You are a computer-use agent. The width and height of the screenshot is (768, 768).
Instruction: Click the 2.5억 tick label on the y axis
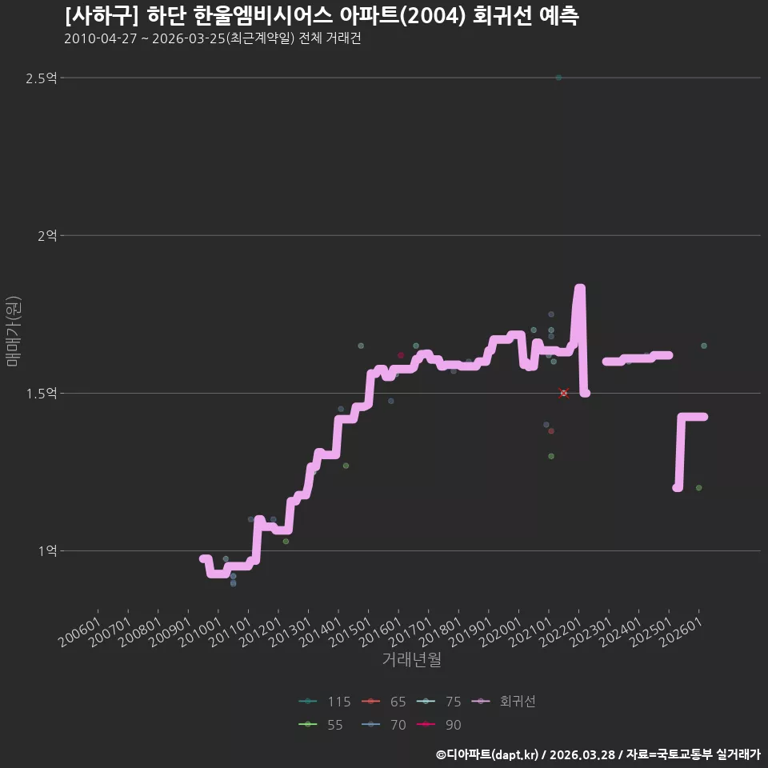click(41, 78)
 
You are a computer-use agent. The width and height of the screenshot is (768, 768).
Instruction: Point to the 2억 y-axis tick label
click(47, 236)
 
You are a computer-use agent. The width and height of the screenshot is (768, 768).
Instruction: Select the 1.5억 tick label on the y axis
click(41, 394)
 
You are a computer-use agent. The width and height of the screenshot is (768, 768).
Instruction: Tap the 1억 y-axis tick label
click(47, 551)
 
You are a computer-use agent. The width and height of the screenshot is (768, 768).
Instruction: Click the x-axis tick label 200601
click(80, 631)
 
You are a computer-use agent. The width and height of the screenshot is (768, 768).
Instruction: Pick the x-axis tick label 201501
click(350, 631)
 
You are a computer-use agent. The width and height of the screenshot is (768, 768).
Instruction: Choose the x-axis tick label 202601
click(682, 631)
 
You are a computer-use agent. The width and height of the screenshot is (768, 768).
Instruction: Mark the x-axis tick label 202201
click(561, 631)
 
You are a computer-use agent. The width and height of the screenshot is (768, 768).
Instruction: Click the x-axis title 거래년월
click(411, 659)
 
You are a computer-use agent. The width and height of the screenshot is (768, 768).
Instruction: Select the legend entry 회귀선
click(503, 702)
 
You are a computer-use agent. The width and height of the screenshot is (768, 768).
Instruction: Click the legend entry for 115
click(325, 702)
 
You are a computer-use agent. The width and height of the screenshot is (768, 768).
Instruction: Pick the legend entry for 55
click(321, 725)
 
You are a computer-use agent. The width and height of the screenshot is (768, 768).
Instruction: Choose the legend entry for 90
click(439, 725)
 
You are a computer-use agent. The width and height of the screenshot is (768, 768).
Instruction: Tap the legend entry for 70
click(384, 725)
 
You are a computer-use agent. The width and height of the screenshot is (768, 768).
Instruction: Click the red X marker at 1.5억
click(564, 394)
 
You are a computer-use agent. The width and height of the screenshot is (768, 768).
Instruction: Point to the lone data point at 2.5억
click(558, 78)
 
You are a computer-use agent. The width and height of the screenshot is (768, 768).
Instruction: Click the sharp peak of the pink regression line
click(579, 288)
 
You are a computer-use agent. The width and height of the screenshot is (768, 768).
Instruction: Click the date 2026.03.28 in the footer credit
click(582, 754)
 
